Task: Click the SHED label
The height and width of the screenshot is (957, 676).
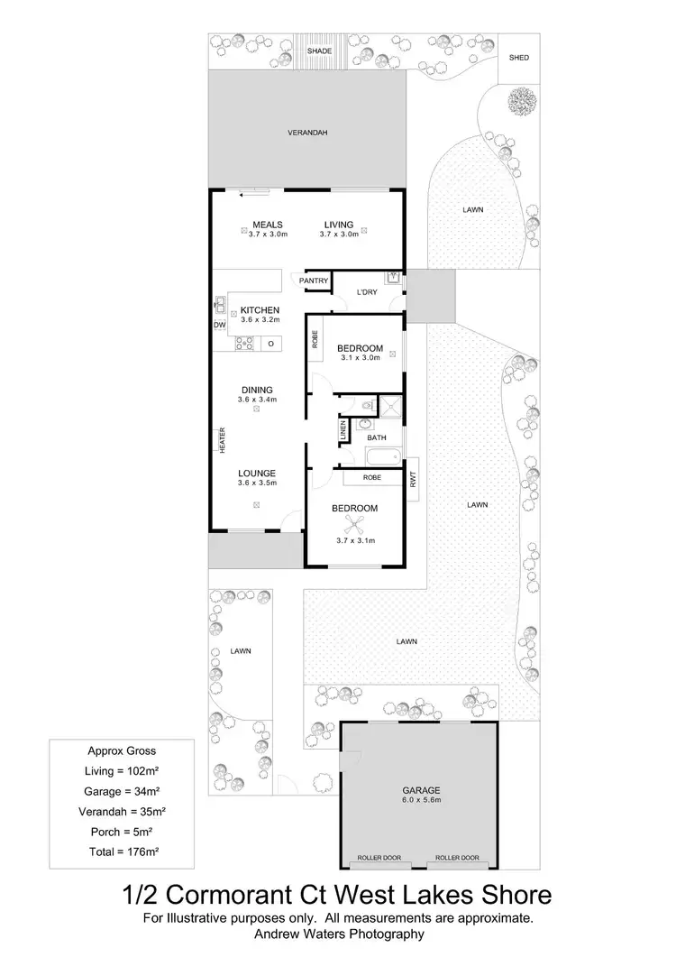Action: pyautogui.click(x=518, y=58)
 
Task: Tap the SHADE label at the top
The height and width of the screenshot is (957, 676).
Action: pyautogui.click(x=319, y=51)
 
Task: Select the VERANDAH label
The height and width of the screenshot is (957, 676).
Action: pyautogui.click(x=306, y=133)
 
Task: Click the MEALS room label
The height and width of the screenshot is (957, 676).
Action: pyautogui.click(x=268, y=225)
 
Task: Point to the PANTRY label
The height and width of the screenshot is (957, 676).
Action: pyautogui.click(x=315, y=281)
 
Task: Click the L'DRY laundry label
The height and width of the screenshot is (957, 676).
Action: pyautogui.click(x=367, y=292)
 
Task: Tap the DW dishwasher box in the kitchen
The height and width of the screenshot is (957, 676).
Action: pyautogui.click(x=219, y=325)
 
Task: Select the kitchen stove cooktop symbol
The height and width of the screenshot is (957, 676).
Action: pyautogui.click(x=242, y=343)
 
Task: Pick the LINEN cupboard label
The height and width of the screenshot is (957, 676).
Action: pyautogui.click(x=343, y=430)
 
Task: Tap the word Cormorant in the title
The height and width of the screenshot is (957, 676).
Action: pyautogui.click(x=264, y=896)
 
